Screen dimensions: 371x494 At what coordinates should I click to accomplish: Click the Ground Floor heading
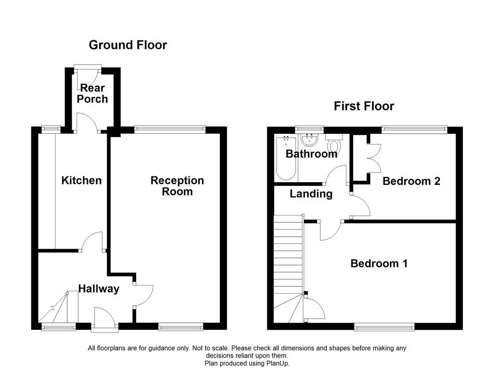pyautogui.click(x=128, y=45)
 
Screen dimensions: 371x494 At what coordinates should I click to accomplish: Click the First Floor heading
pyautogui.click(x=364, y=106)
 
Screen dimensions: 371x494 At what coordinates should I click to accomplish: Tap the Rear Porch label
pyautogui.click(x=92, y=93)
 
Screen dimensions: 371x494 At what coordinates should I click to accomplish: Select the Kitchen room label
pyautogui.click(x=82, y=181)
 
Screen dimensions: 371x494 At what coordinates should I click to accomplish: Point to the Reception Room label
pyautogui.click(x=177, y=186)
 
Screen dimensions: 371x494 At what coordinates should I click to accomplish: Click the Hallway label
pyautogui.click(x=99, y=289)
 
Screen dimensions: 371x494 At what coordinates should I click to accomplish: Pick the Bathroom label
pyautogui.click(x=311, y=154)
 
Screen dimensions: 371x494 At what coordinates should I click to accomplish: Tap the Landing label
pyautogui.click(x=311, y=194)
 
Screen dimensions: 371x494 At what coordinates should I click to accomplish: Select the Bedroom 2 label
pyautogui.click(x=411, y=181)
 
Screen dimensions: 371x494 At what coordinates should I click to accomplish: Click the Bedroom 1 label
pyautogui.click(x=379, y=264)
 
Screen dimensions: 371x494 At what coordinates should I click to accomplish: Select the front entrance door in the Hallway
pyautogui.click(x=104, y=320)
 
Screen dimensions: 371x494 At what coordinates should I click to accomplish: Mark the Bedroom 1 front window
pyautogui.click(x=384, y=327)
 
